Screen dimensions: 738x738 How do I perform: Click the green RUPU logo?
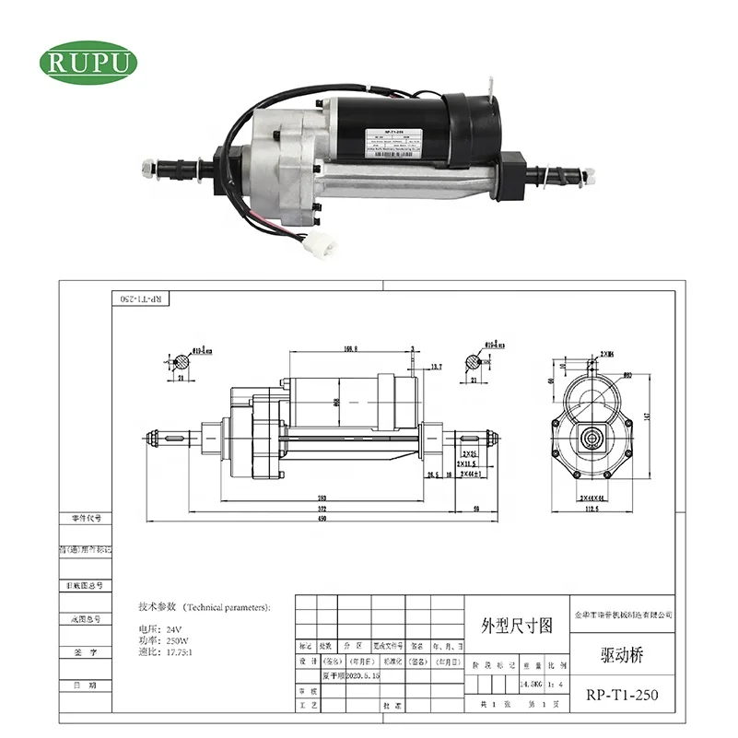pyautogui.click(x=88, y=62)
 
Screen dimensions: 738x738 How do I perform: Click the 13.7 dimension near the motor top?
pyautogui.click(x=437, y=367)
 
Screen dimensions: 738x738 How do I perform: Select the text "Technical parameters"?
pyautogui.click(x=227, y=607)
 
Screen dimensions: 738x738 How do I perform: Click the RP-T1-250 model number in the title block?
pyautogui.click(x=623, y=694)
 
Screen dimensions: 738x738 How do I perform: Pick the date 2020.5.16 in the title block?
pyautogui.click(x=355, y=675)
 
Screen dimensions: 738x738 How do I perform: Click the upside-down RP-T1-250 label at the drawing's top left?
pyautogui.click(x=141, y=299)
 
